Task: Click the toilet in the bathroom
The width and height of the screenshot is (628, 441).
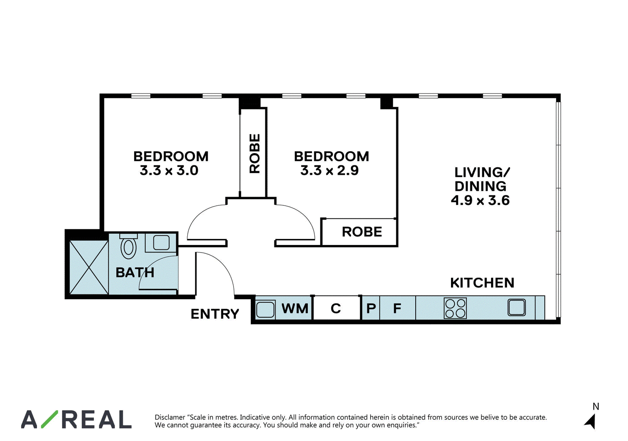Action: (x=128, y=246)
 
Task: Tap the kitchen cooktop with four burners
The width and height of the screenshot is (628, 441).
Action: (x=455, y=308)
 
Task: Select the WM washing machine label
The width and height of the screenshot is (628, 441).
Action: (x=295, y=308)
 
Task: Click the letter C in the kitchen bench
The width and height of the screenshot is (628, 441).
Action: (x=336, y=308)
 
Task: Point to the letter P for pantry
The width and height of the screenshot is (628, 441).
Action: (x=371, y=308)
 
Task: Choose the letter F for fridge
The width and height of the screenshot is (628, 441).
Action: (x=397, y=308)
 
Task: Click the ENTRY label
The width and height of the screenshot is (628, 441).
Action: (x=215, y=314)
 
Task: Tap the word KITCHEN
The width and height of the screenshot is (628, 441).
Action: (x=482, y=283)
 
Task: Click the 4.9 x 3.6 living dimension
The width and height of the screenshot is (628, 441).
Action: (x=480, y=200)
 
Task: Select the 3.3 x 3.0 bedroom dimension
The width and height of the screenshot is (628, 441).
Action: (x=169, y=170)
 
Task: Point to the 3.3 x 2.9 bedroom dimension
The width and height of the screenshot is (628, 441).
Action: (x=329, y=170)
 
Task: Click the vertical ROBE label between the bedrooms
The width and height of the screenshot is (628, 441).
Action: (x=255, y=154)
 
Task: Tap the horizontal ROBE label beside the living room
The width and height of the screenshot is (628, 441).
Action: (x=362, y=232)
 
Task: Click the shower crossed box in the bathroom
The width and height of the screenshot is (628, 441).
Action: (x=89, y=267)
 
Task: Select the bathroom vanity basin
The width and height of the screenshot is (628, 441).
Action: (x=161, y=242)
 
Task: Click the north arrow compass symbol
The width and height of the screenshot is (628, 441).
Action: (x=591, y=422)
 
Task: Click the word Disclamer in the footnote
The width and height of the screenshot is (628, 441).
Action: (x=170, y=417)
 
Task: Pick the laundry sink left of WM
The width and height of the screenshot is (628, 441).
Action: (x=265, y=309)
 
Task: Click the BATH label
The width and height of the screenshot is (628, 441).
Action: (x=135, y=273)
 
